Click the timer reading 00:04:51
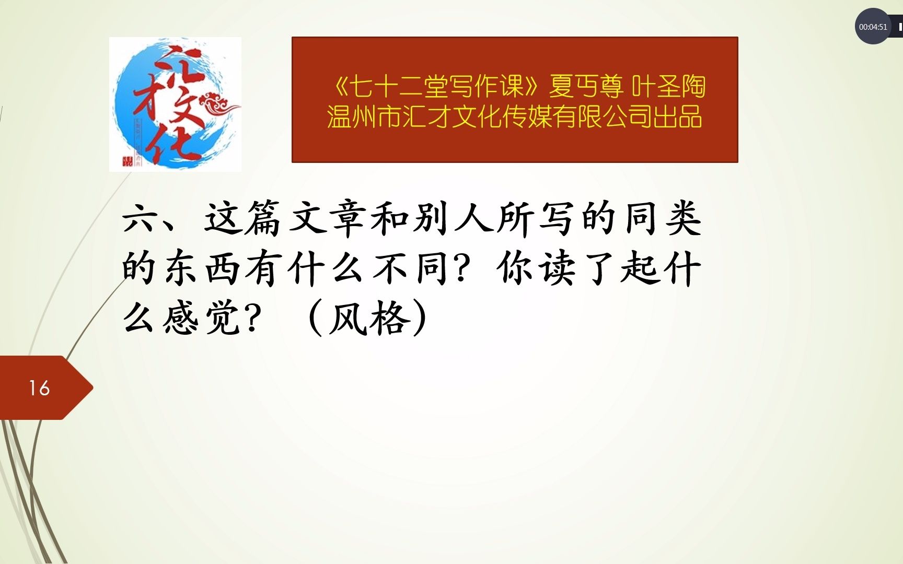click(873, 27)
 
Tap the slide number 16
click(39, 388)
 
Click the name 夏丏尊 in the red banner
click(586, 87)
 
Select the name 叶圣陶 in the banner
click(668, 87)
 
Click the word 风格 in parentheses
click(368, 318)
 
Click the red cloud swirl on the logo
click(220, 103)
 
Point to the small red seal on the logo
click(127, 161)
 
